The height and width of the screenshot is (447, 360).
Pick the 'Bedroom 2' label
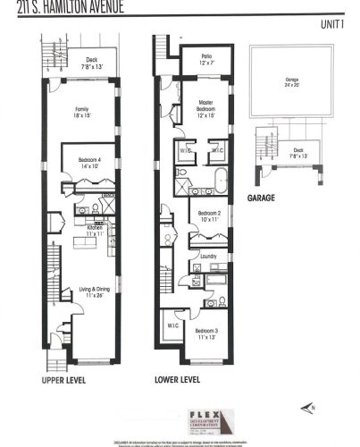206,216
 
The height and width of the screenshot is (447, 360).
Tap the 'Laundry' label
209,257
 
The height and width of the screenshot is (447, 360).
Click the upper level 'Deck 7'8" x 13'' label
87,63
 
